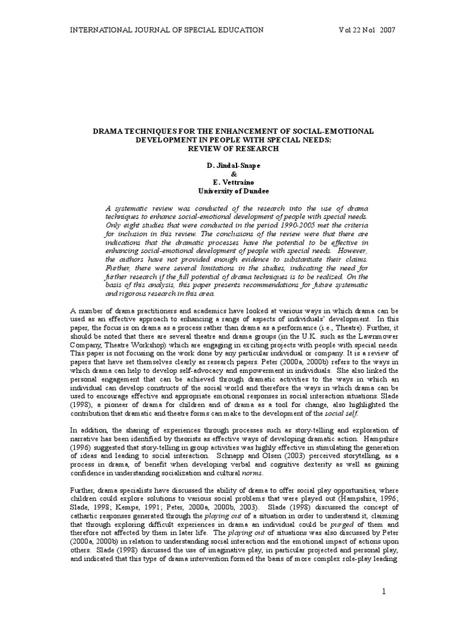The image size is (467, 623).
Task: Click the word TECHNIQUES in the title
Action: [150, 131]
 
